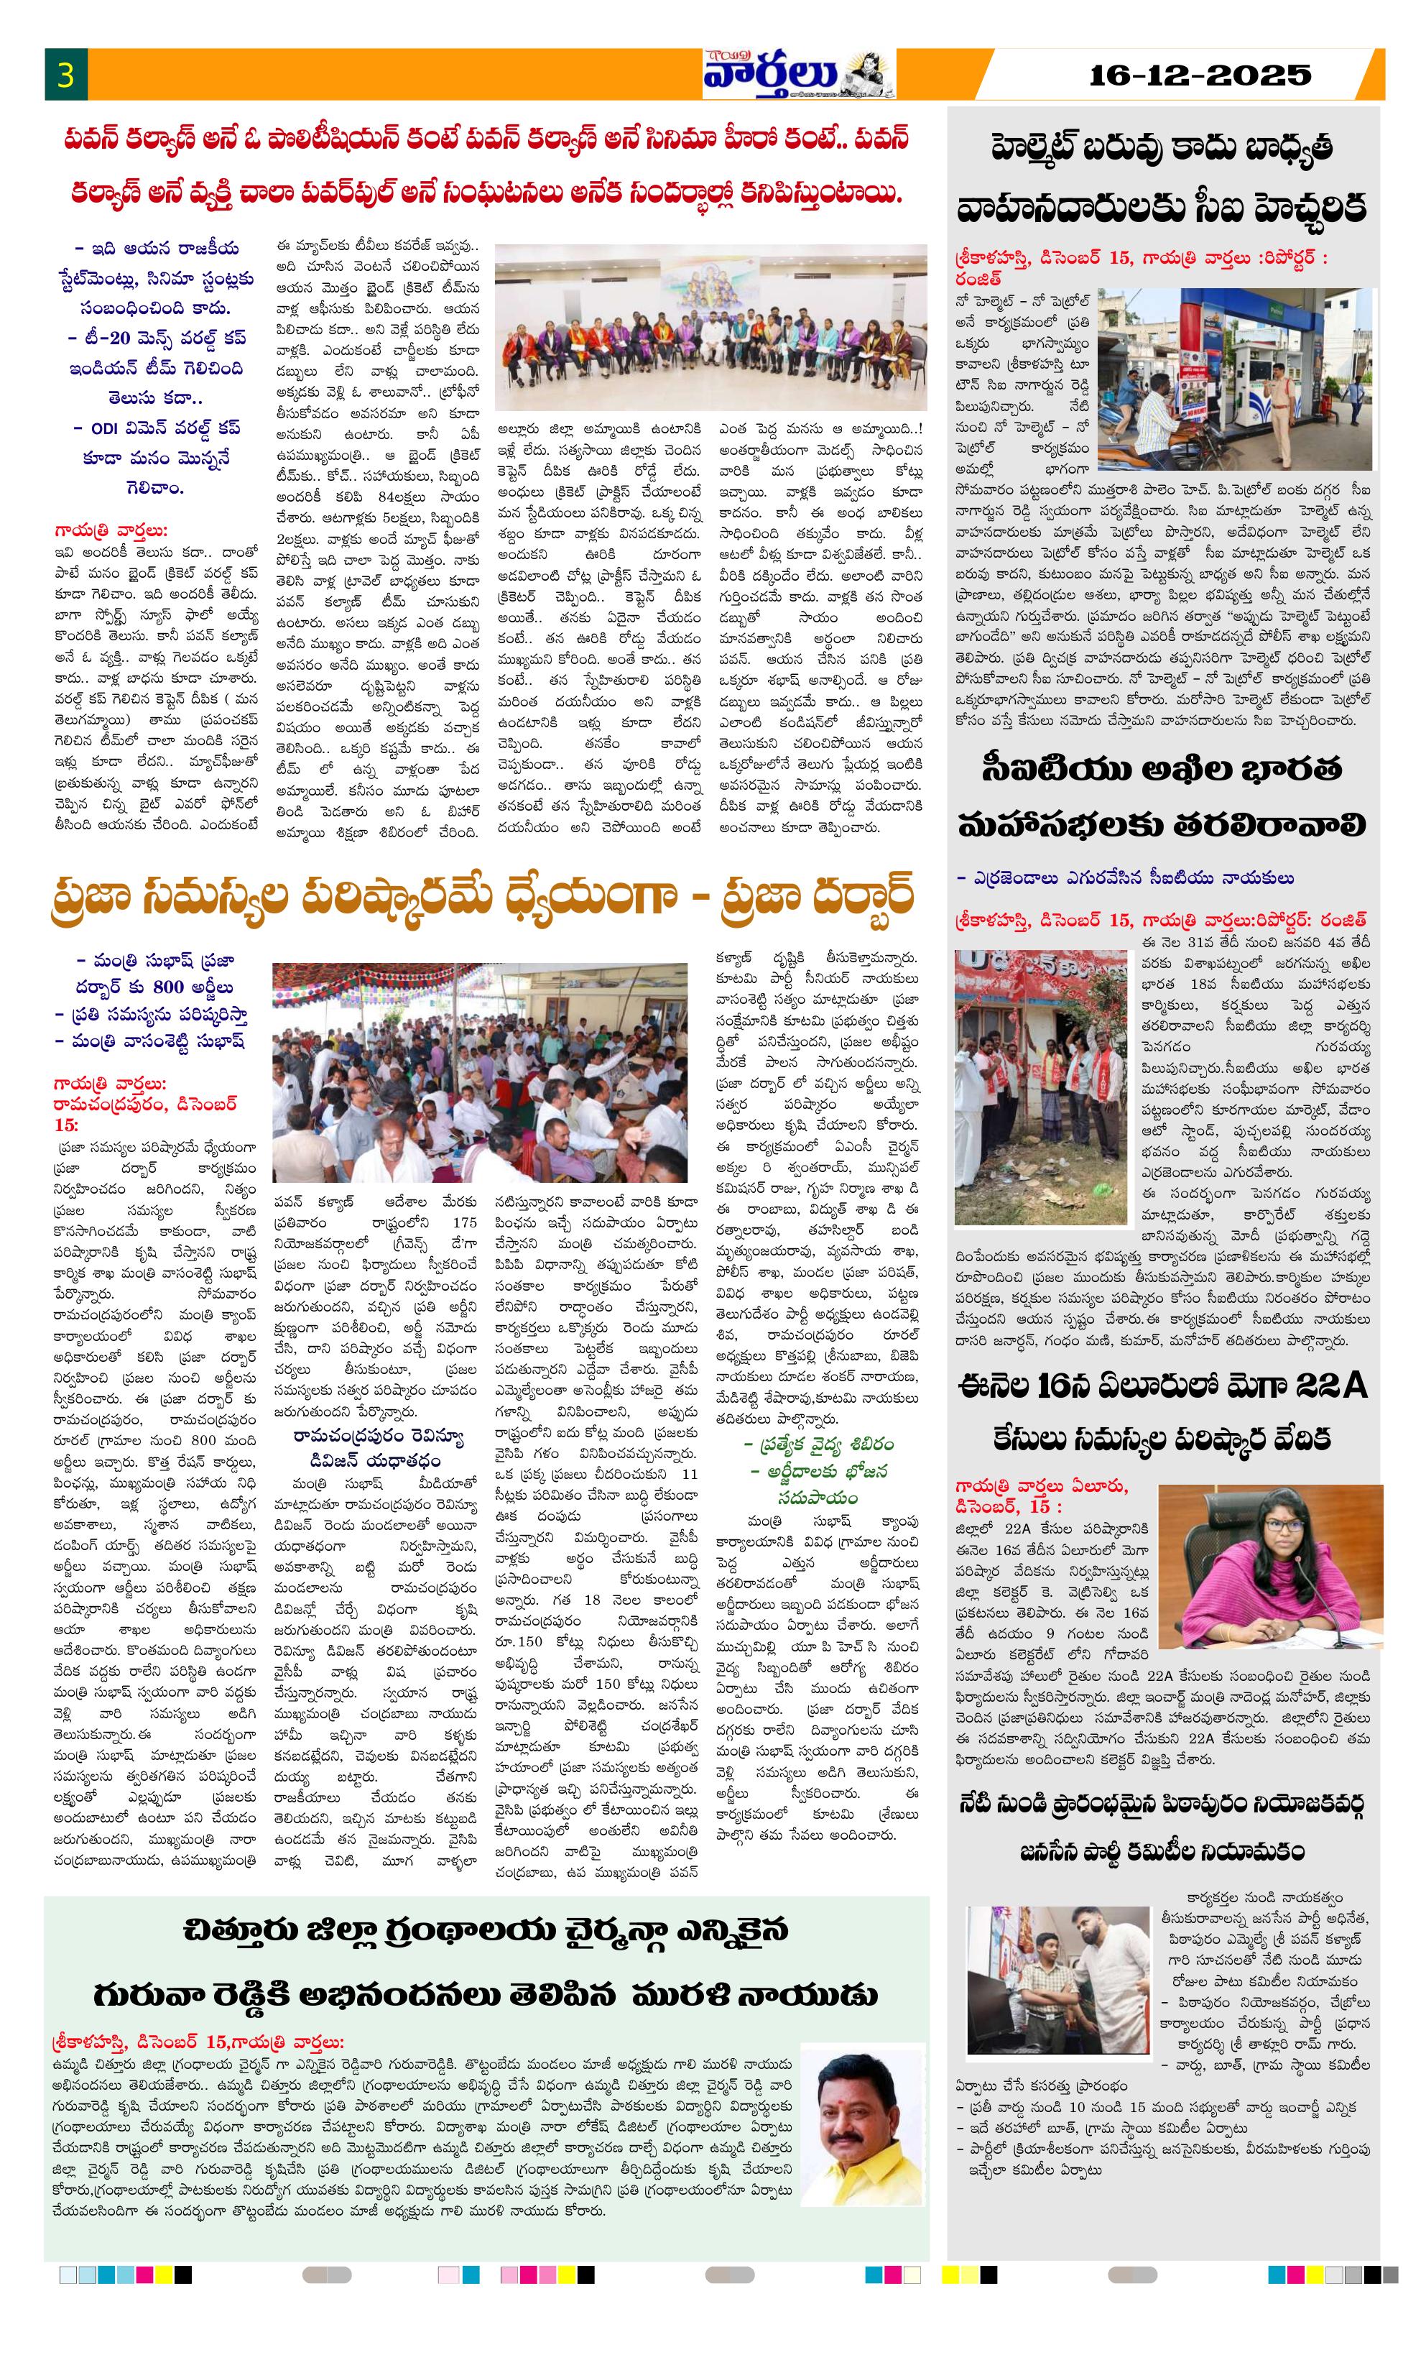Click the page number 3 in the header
pyautogui.click(x=65, y=75)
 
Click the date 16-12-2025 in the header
pyautogui.click(x=1199, y=75)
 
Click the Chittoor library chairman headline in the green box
pyautogui.click(x=486, y=1963)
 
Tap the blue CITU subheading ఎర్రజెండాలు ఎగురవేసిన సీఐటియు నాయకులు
pyautogui.click(x=1125, y=877)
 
